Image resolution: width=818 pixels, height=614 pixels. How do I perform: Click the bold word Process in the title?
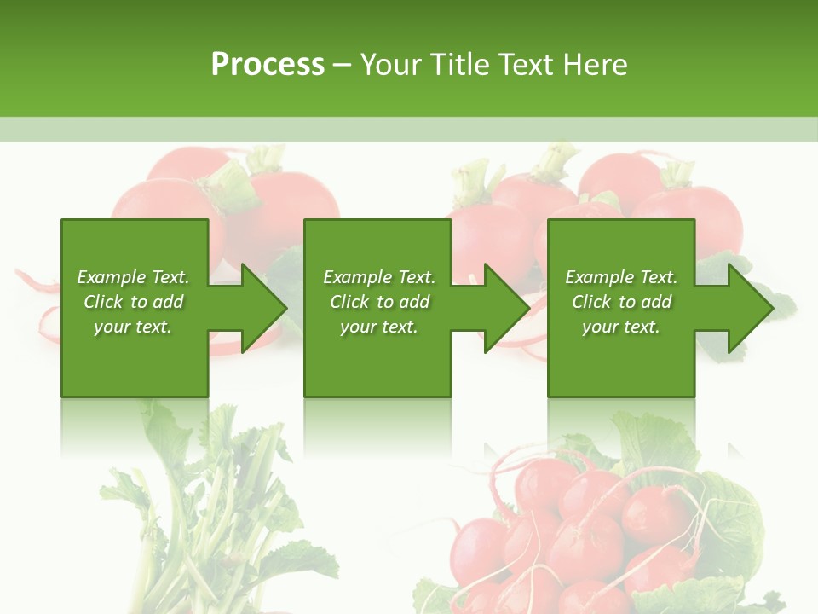coord(268,65)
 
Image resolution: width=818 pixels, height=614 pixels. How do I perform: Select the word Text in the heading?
coord(524,65)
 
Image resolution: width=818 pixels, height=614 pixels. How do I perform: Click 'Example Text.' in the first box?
coord(133,277)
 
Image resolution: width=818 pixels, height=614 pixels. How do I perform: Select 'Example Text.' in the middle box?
coord(379,277)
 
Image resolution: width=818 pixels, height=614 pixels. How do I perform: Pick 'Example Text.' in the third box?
coord(621,277)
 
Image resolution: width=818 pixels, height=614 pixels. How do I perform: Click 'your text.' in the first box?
coord(133,327)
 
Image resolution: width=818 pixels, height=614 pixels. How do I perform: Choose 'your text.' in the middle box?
coord(379,327)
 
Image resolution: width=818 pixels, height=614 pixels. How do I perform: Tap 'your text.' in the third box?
coord(621,327)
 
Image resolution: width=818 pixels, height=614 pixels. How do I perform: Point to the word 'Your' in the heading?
coord(390,65)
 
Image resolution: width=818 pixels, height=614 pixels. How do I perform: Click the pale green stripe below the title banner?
coord(409,129)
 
